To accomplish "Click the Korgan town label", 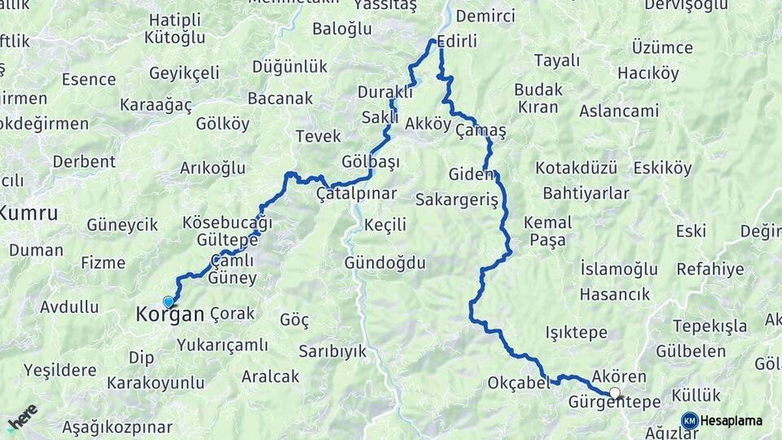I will pyautogui.click(x=170, y=313).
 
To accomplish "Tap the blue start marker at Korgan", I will pyautogui.click(x=169, y=301).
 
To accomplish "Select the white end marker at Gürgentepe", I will pyautogui.click(x=615, y=393).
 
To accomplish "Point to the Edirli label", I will pyautogui.click(x=457, y=41).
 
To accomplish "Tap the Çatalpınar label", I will pyautogui.click(x=356, y=194).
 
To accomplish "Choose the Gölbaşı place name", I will pyautogui.click(x=371, y=161).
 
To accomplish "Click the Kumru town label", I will pyautogui.click(x=29, y=213).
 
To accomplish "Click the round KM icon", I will pyautogui.click(x=689, y=420).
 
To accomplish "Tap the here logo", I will pyautogui.click(x=22, y=417).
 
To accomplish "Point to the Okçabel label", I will pyautogui.click(x=519, y=382).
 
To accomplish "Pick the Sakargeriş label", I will pyautogui.click(x=455, y=200).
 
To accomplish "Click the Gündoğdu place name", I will pyautogui.click(x=385, y=263).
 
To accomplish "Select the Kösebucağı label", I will pyautogui.click(x=227, y=222).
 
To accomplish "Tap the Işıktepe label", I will pyautogui.click(x=576, y=332).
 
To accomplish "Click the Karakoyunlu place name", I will pyautogui.click(x=156, y=382).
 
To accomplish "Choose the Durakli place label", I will pyautogui.click(x=386, y=92).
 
